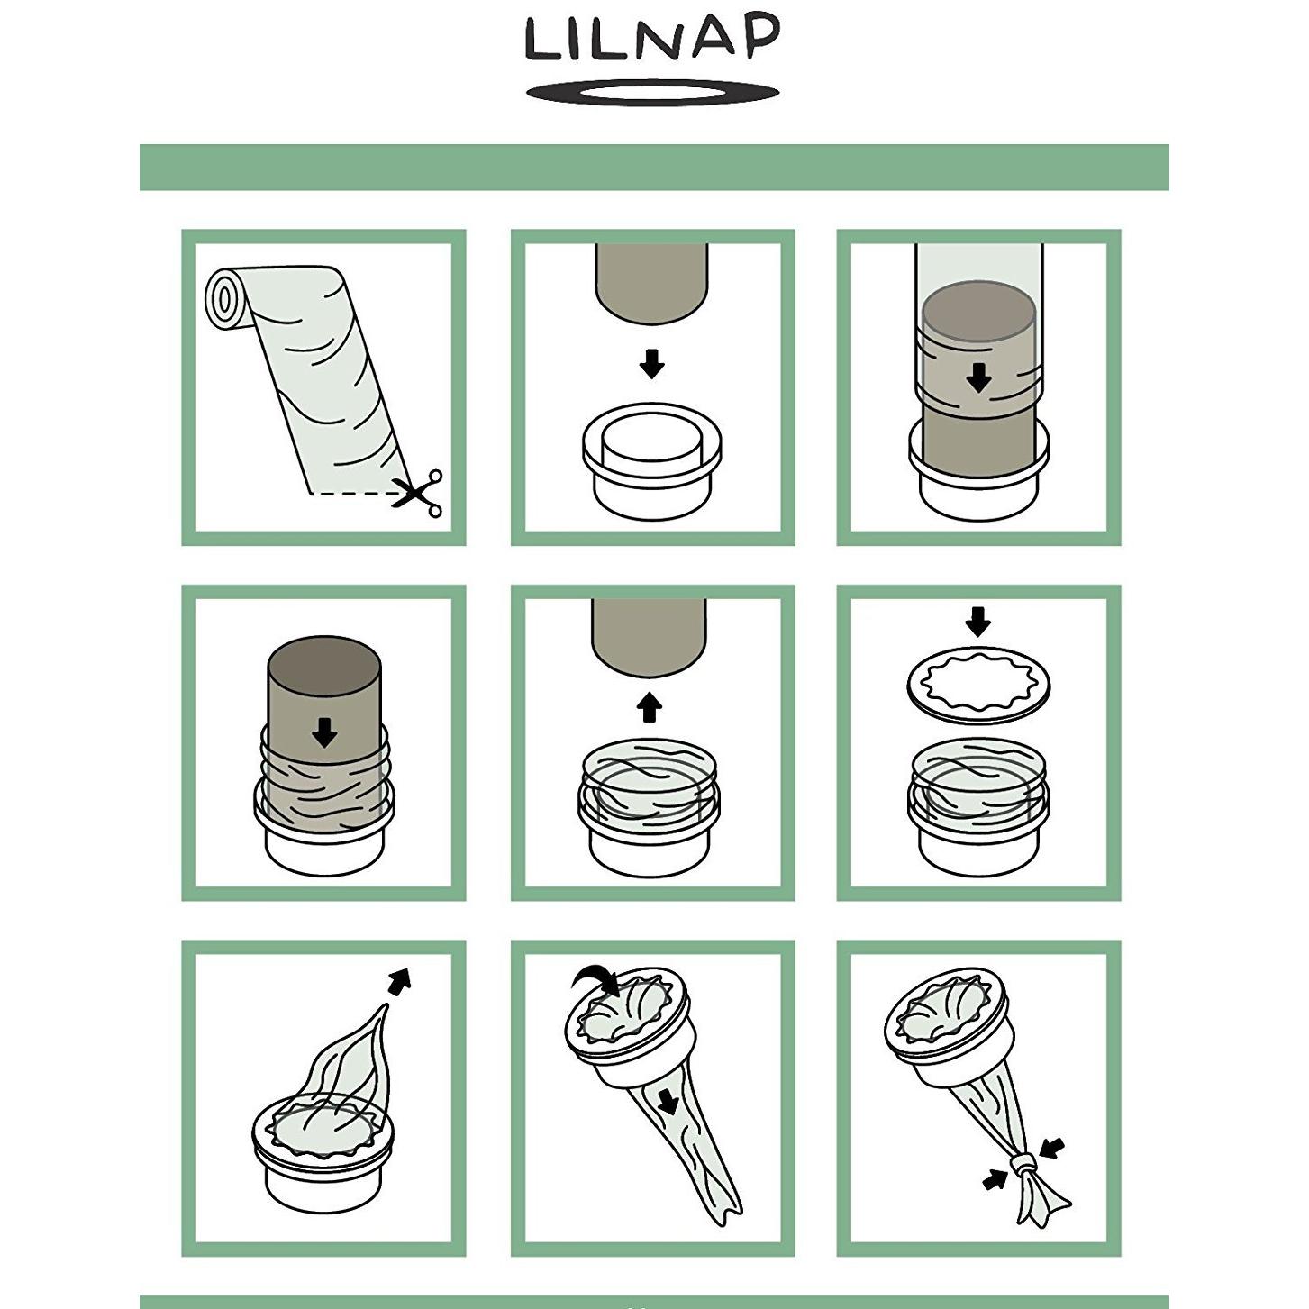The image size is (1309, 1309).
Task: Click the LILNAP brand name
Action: [x=652, y=40]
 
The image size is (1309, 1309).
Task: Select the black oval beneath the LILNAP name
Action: [x=652, y=92]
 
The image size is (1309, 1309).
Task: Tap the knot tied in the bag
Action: [x=1023, y=1168]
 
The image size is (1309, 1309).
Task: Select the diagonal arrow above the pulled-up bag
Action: [x=399, y=981]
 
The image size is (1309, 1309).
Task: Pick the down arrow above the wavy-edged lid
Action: [x=977, y=621]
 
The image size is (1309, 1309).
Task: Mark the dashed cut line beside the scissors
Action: [x=351, y=494]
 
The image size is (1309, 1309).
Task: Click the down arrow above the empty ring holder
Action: [x=651, y=364]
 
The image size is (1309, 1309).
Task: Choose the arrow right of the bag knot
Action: [x=1051, y=1149]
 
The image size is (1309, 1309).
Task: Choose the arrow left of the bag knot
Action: [x=995, y=1178]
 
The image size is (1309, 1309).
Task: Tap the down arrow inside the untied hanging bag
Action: [x=668, y=1100]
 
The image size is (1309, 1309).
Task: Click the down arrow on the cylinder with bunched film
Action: [x=324, y=733]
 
